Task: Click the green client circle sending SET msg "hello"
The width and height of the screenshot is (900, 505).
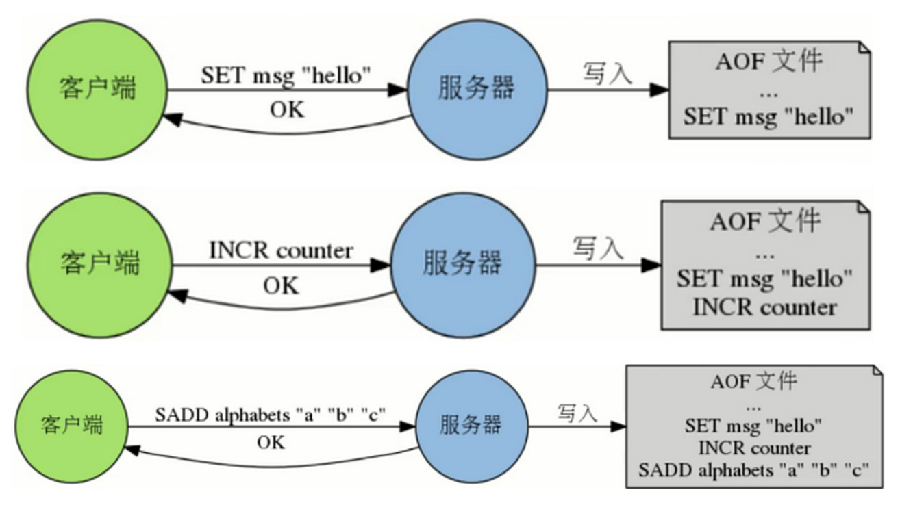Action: point(98,90)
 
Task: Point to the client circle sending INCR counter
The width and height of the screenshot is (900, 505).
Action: point(100,263)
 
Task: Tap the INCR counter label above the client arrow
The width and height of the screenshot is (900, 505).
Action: point(281,250)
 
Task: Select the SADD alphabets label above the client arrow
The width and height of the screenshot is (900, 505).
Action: point(271,415)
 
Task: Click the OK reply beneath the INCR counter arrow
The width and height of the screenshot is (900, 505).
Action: point(281,285)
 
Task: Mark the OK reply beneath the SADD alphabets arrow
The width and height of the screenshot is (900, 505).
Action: point(271,443)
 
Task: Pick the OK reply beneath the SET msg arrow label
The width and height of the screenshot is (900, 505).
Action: point(288,109)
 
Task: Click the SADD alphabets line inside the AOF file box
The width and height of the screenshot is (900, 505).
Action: point(753,470)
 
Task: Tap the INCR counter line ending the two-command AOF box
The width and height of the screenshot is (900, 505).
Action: point(764,307)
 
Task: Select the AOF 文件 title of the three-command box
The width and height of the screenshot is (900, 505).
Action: point(753,381)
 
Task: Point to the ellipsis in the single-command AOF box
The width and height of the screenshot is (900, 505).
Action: point(768,90)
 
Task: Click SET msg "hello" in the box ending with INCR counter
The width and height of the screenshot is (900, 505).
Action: point(764,279)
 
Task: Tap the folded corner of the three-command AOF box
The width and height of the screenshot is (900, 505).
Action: point(876,372)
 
